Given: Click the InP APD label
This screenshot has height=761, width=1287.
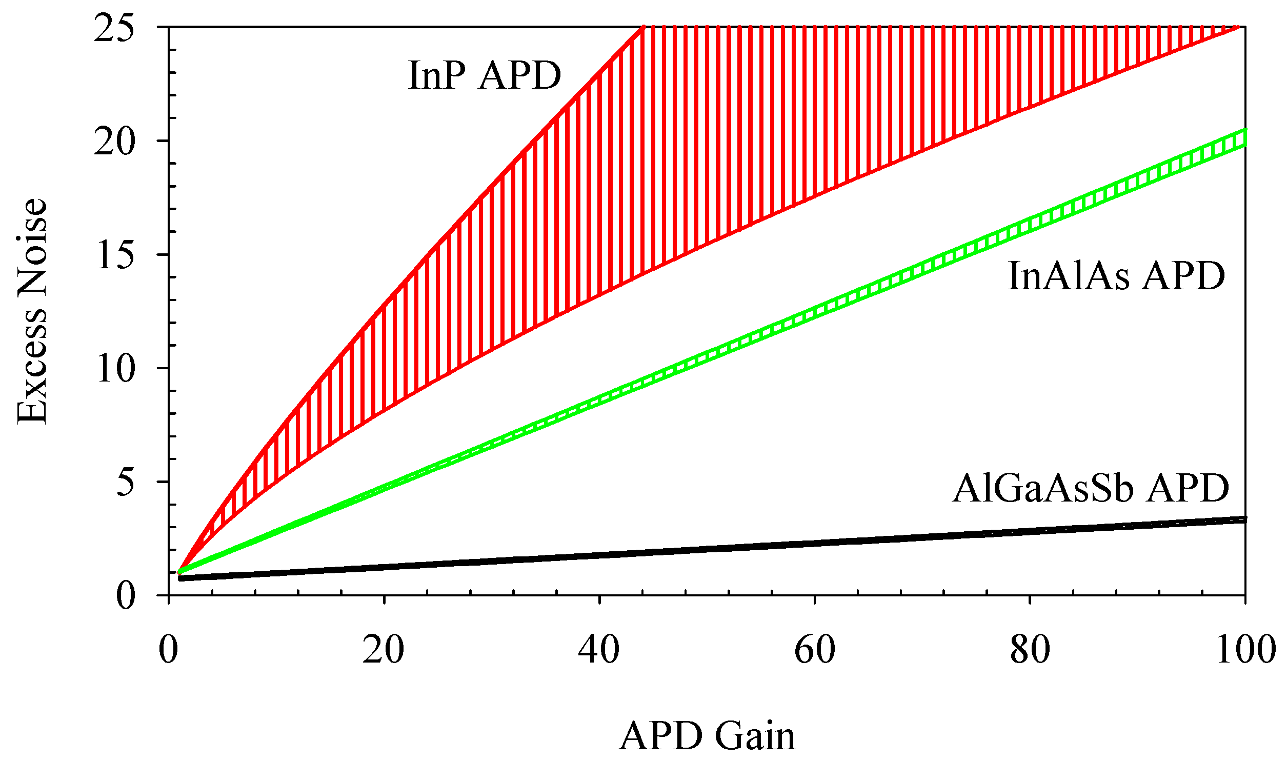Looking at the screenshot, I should point(485,76).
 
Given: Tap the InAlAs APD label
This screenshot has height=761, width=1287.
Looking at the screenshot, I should point(1116,276).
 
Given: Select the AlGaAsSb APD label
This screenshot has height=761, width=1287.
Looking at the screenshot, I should point(1091,488).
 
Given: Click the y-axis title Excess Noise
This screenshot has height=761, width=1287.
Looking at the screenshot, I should point(32,311).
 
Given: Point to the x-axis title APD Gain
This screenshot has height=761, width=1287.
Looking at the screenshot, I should point(707,736).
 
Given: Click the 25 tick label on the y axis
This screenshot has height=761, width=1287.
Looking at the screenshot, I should point(114,28).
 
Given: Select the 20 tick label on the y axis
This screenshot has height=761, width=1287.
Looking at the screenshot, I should point(114,142).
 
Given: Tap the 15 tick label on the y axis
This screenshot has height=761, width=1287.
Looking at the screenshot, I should point(115,255).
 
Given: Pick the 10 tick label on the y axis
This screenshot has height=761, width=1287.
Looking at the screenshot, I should point(115,369).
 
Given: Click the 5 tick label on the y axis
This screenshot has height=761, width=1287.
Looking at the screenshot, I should point(126,483).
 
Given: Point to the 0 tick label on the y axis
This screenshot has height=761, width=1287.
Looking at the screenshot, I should point(126,596).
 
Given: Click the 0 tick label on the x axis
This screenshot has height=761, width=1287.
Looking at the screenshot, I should point(168,650).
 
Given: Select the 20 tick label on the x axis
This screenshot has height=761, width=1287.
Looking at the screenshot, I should point(384,650).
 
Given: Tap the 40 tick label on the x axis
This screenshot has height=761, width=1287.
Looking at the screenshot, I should point(599,650).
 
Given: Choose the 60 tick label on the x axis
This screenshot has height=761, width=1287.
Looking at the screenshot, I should point(815,650).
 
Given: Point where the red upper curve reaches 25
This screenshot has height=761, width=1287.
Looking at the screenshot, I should point(643,27).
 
